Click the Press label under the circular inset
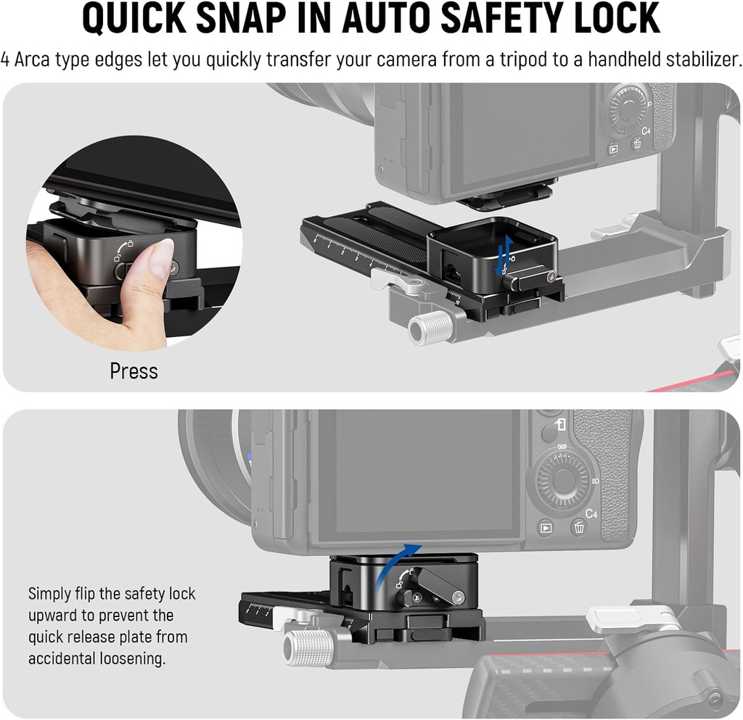coord(134,371)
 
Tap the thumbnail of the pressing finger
coord(161,254)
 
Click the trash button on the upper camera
coord(636,144)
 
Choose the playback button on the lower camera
coord(545,529)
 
